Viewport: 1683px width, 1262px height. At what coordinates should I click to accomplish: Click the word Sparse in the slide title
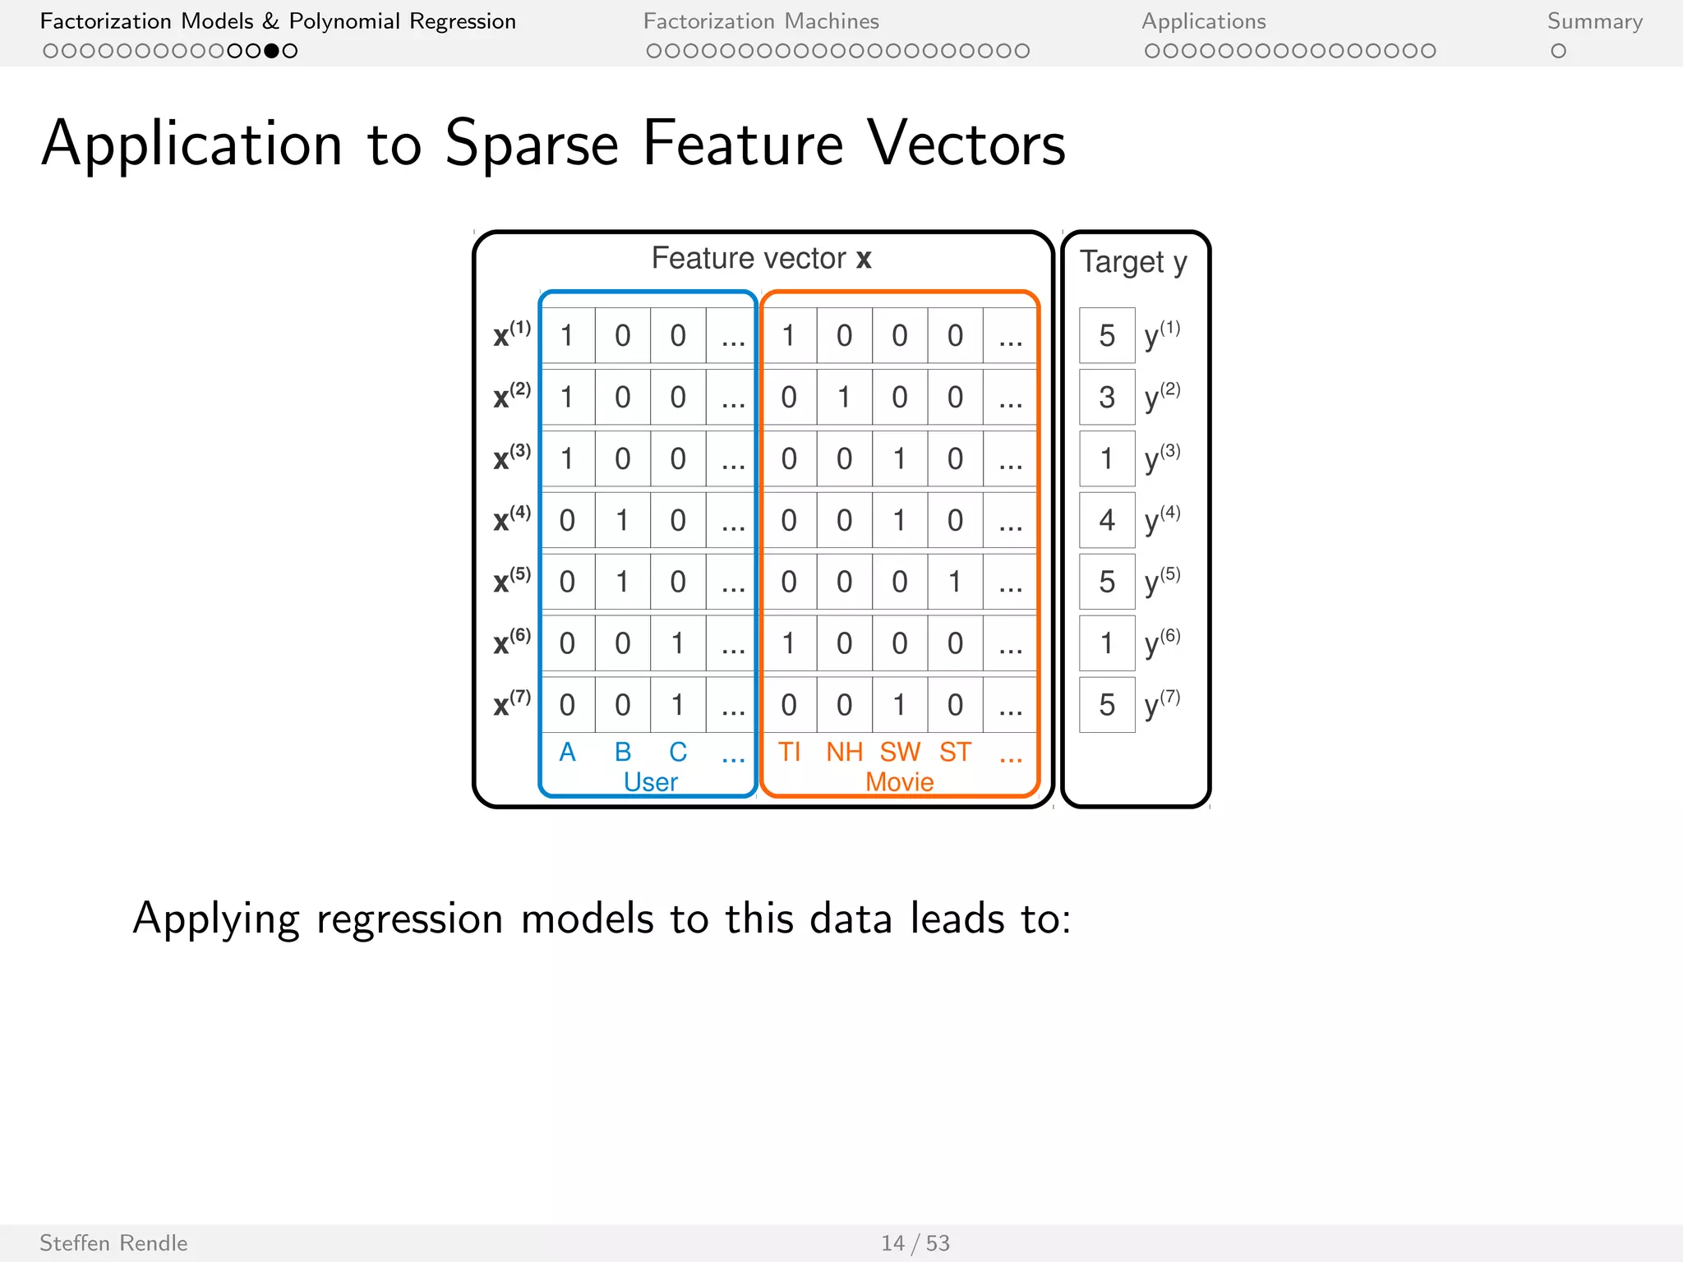tap(531, 145)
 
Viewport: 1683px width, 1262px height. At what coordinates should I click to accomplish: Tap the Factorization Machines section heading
tap(760, 21)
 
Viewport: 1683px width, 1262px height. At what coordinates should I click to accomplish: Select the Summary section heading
tap(1594, 21)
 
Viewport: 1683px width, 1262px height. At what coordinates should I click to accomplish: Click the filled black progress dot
tap(271, 51)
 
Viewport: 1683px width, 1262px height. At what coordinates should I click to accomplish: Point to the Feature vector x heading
tap(761, 258)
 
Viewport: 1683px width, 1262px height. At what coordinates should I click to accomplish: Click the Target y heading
tap(1133, 262)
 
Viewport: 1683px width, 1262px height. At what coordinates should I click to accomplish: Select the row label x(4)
tap(511, 519)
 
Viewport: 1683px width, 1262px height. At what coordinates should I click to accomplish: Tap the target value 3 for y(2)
tap(1107, 398)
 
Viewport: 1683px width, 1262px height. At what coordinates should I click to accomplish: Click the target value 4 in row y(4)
tap(1107, 520)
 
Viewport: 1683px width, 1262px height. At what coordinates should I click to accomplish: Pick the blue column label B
tap(623, 752)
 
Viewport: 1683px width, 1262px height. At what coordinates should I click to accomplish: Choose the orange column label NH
tap(844, 752)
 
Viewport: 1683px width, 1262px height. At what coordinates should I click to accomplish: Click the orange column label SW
tap(900, 752)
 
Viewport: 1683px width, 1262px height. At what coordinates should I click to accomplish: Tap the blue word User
tap(650, 781)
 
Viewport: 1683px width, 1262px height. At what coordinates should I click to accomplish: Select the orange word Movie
tap(899, 781)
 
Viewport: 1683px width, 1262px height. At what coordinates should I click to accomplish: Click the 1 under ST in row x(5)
tap(955, 582)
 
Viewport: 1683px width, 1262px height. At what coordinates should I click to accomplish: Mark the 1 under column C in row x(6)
tap(678, 643)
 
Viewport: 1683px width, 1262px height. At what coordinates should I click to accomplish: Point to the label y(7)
tap(1162, 703)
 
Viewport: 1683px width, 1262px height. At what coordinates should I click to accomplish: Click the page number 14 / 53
tap(915, 1243)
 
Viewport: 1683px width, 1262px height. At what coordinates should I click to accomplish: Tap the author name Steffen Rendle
tap(113, 1243)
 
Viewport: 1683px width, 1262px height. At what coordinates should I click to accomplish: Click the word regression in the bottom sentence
tap(409, 919)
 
